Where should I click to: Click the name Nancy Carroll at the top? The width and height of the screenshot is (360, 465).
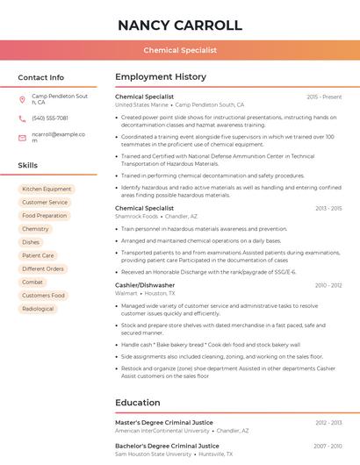point(180,25)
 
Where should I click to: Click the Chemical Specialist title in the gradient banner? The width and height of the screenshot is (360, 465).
point(180,50)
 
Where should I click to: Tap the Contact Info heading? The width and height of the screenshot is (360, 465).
point(41,77)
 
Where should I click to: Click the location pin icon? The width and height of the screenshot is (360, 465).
point(22,99)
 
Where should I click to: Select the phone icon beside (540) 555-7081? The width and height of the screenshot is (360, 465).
point(22,118)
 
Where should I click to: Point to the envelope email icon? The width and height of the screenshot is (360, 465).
point(22,137)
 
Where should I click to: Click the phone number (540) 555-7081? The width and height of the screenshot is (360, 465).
point(50,118)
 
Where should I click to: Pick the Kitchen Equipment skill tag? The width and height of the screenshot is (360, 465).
point(47,189)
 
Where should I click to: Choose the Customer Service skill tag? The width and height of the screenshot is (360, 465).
point(45,202)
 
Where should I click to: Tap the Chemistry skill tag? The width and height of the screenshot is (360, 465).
point(35,229)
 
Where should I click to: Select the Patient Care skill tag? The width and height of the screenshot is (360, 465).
point(38,255)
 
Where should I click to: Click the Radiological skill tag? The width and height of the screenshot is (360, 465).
point(38,309)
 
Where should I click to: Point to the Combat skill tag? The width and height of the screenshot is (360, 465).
point(32,283)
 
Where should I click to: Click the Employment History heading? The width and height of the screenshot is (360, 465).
point(161,77)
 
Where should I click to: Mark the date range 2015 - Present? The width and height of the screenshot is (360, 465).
point(324,97)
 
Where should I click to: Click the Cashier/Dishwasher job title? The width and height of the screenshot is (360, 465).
point(145,285)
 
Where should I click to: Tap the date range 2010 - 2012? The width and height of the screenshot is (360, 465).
point(328,285)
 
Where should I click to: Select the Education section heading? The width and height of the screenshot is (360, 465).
point(137,403)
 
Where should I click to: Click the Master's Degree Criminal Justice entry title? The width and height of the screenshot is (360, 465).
point(164,423)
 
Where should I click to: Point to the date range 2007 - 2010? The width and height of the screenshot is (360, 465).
point(328,446)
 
